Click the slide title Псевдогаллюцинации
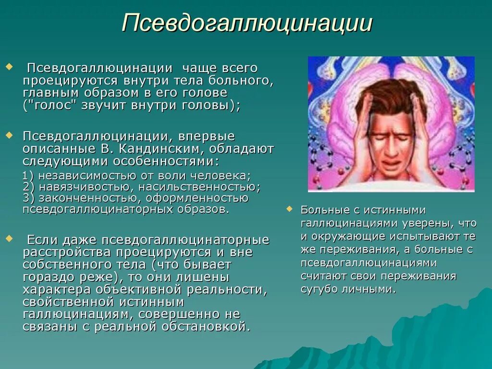coord(247,24)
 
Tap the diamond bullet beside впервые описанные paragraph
coord(8,136)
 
